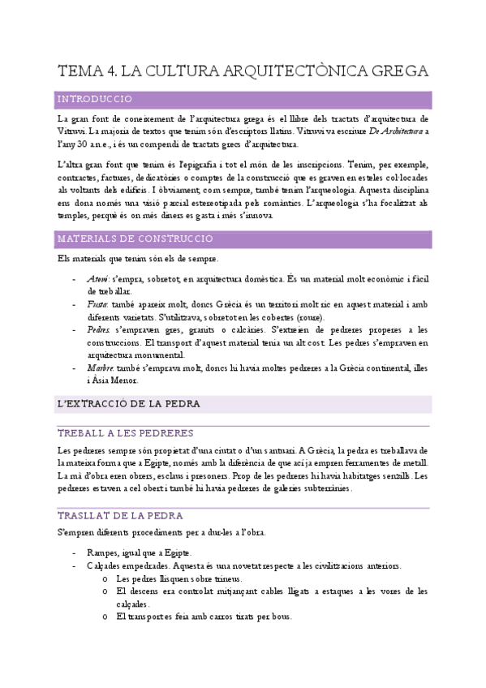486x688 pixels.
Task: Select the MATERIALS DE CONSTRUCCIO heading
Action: [x=135, y=239]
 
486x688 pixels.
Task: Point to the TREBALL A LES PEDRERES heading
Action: [x=125, y=432]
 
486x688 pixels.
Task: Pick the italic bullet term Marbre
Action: [x=99, y=368]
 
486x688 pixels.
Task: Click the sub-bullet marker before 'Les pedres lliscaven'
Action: [x=105, y=579]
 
